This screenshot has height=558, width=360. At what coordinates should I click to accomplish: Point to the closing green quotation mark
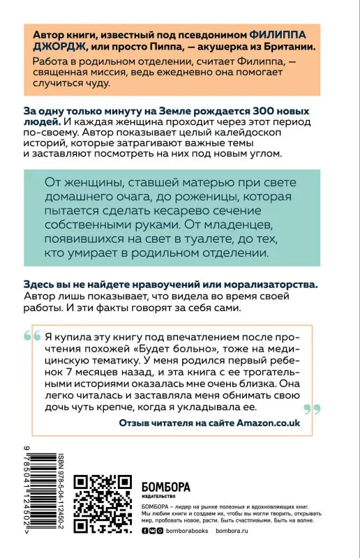313,409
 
